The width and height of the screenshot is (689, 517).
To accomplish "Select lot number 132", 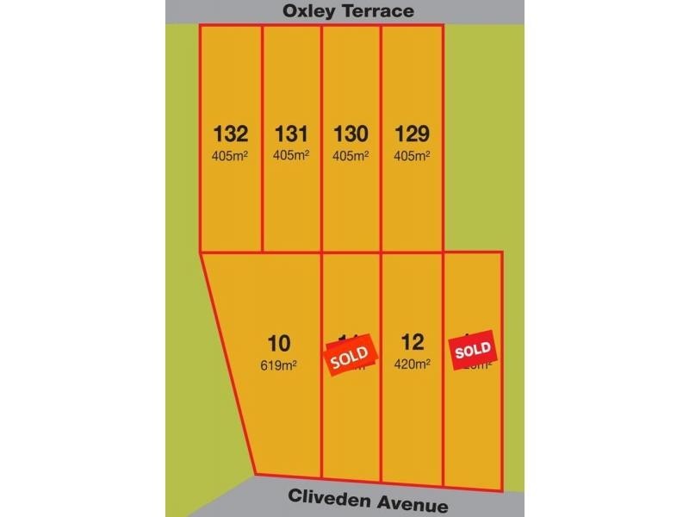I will [230, 134].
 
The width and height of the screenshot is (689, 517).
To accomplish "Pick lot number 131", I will [291, 134].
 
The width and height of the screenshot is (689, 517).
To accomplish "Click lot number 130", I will [351, 134].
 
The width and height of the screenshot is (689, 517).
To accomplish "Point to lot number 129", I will [412, 134].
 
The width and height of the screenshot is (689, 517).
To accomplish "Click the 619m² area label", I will [279, 365].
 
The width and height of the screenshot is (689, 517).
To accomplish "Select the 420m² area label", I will [411, 365].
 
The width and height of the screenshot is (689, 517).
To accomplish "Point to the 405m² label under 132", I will [230, 156].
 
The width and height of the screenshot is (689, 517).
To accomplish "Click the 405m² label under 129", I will [412, 156].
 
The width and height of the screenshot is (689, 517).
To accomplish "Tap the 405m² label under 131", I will [291, 156].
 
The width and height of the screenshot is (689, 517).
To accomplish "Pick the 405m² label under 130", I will [351, 156].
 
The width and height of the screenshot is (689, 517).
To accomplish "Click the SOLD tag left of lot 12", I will [350, 354].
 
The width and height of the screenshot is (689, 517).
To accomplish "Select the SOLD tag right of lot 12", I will [473, 350].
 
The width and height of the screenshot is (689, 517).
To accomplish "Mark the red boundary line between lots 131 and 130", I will [321, 138].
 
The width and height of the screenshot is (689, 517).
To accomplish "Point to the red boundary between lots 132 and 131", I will [261, 138].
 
